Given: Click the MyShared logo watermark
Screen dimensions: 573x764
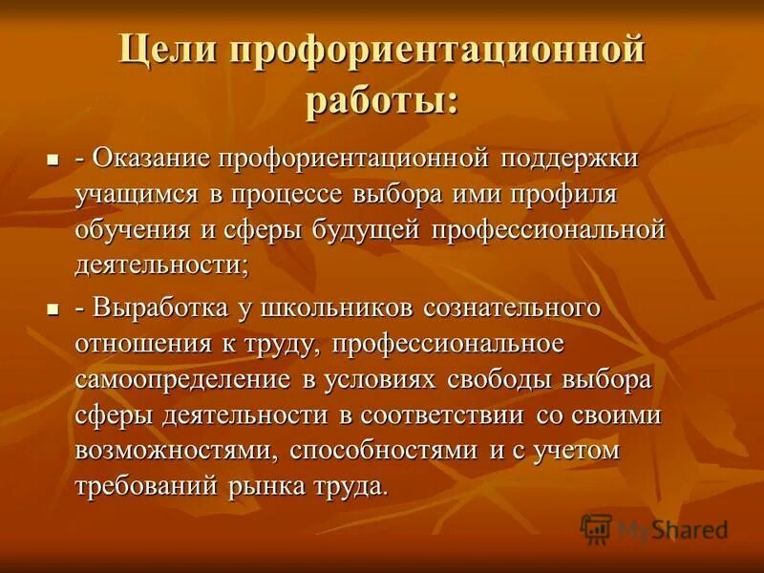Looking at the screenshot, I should pos(655,528).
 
